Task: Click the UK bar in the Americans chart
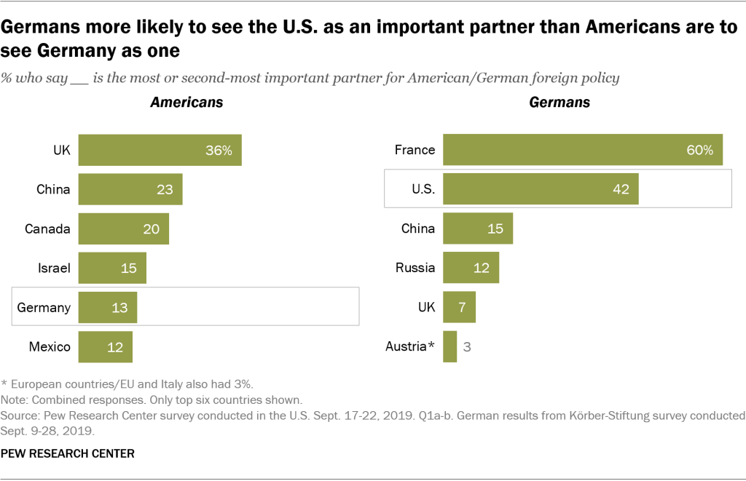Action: tap(160, 151)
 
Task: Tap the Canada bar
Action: tap(123, 228)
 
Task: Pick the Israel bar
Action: tap(112, 268)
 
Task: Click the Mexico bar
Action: tap(105, 346)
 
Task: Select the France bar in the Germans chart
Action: tap(582, 150)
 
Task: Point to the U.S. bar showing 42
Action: tap(541, 189)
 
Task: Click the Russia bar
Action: tap(471, 268)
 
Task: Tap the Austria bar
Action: tap(449, 346)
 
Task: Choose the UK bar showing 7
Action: tap(459, 307)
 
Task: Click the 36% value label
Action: tap(218, 151)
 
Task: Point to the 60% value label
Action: tap(700, 150)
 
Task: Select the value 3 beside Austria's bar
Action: tap(468, 346)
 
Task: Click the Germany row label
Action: tap(44, 307)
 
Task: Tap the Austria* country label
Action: tap(410, 346)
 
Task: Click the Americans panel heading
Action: tap(186, 103)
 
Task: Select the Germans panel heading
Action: tap(559, 103)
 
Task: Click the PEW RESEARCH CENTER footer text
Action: tap(68, 453)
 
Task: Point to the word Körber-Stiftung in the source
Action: tap(631, 416)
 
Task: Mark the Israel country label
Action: tap(55, 268)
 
